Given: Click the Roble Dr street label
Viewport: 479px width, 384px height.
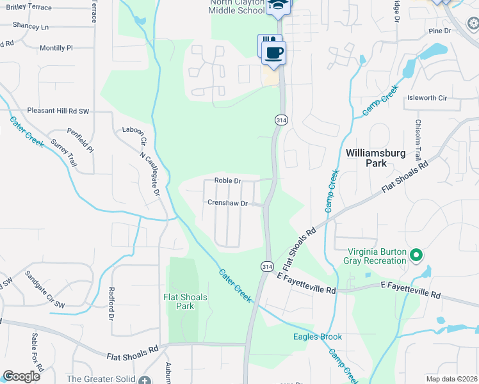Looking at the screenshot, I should pos(227,181).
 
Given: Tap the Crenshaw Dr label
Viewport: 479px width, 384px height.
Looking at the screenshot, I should pos(227,203).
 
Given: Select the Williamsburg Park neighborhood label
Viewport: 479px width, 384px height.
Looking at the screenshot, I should pos(375,158).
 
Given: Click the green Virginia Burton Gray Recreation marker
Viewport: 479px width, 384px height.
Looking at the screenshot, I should pos(416,256).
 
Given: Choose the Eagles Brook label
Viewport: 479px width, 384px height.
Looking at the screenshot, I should pos(318,337).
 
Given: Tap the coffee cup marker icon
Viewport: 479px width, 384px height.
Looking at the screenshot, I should pos(274,52).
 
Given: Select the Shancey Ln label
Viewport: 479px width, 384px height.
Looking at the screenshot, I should pos(31,27).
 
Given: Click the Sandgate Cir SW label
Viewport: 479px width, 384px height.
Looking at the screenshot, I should pos(45,290).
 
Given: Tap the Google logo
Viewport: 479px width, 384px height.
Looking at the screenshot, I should pos(21,376).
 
